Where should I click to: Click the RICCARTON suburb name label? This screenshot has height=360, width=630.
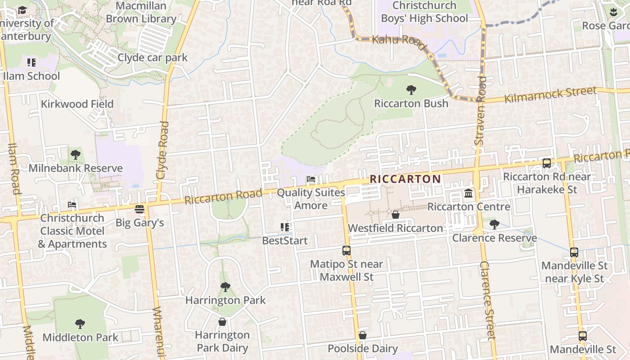(405, 179)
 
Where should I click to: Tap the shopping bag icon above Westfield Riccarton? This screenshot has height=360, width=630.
(396, 215)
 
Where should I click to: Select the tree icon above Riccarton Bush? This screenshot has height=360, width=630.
(411, 90)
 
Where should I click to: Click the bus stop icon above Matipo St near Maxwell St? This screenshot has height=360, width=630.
(346, 251)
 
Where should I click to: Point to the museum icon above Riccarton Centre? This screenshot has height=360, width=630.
(468, 193)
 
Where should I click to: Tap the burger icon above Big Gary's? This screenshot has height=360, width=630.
(139, 209)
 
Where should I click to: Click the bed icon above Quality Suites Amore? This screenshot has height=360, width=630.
(310, 179)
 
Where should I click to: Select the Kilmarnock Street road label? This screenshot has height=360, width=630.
(550, 95)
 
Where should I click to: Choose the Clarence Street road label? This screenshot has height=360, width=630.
(487, 300)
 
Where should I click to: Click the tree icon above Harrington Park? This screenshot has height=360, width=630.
(225, 287)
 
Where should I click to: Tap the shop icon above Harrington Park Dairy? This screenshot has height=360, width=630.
(222, 322)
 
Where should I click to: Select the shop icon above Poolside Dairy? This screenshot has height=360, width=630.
(362, 335)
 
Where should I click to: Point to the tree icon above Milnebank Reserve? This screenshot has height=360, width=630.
(76, 155)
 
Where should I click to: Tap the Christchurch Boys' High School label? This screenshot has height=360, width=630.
(424, 12)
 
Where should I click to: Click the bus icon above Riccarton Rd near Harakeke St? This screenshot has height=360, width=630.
(546, 163)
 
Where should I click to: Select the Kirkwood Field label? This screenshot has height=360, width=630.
(77, 104)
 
